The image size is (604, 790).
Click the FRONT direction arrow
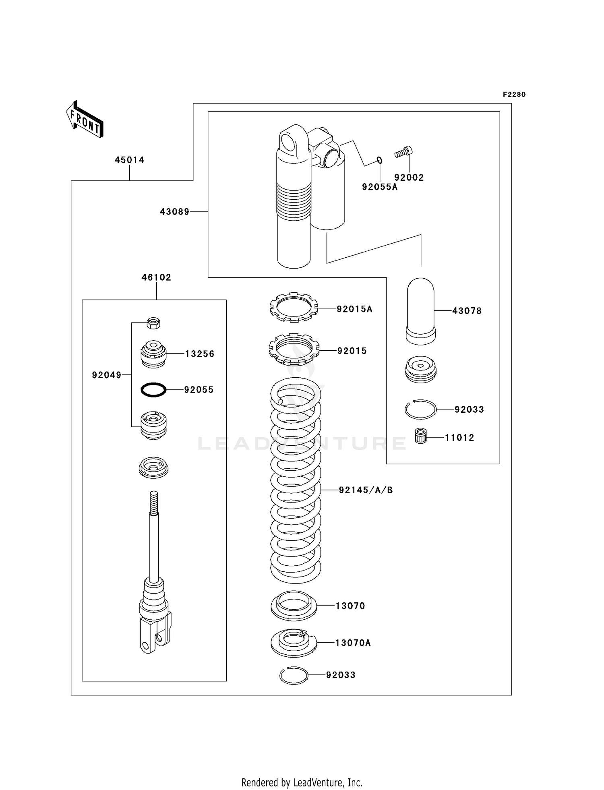(85, 120)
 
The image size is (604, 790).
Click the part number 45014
(129, 160)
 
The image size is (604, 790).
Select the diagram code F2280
(514, 95)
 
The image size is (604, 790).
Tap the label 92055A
(379, 187)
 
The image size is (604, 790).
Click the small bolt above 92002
(403, 152)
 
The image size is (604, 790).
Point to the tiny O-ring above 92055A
(379, 160)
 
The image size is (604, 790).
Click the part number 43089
(174, 211)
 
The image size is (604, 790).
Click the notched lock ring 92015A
(294, 307)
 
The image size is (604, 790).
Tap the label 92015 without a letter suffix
(352, 351)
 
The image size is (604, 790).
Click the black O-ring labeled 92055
(153, 390)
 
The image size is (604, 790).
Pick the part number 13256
(199, 354)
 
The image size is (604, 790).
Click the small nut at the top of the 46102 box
(153, 323)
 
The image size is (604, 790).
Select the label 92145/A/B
(365, 490)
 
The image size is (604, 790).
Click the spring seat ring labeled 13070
(294, 606)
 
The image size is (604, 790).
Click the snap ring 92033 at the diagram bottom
(294, 675)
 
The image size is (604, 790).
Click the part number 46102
(156, 277)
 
